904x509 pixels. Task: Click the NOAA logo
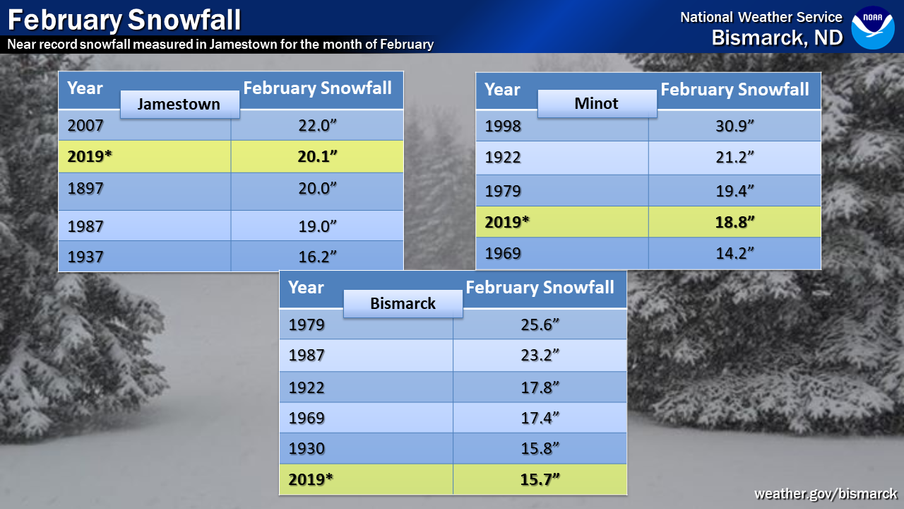[x=872, y=28]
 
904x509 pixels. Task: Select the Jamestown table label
[x=179, y=104]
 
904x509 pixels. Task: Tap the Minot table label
[x=597, y=103]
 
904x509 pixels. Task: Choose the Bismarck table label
[x=403, y=303]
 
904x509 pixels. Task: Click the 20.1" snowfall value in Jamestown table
[x=317, y=156]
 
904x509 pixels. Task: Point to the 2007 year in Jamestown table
[x=85, y=125]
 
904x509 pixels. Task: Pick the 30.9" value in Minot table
[x=734, y=126]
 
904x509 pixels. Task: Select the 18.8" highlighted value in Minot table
[x=734, y=222]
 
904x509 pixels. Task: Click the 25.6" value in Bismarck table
[x=540, y=324]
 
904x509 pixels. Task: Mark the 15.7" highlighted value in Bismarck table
[x=540, y=479]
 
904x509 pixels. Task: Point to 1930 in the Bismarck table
[x=307, y=448]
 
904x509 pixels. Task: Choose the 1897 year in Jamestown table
[x=85, y=188]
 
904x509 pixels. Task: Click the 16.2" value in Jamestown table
[x=317, y=257]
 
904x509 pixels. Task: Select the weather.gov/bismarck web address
[x=826, y=493]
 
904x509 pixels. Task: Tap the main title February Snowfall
[x=124, y=19]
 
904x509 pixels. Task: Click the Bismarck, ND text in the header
[x=778, y=37]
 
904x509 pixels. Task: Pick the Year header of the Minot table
[x=502, y=90]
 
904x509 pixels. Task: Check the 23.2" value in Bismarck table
[x=540, y=356]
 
